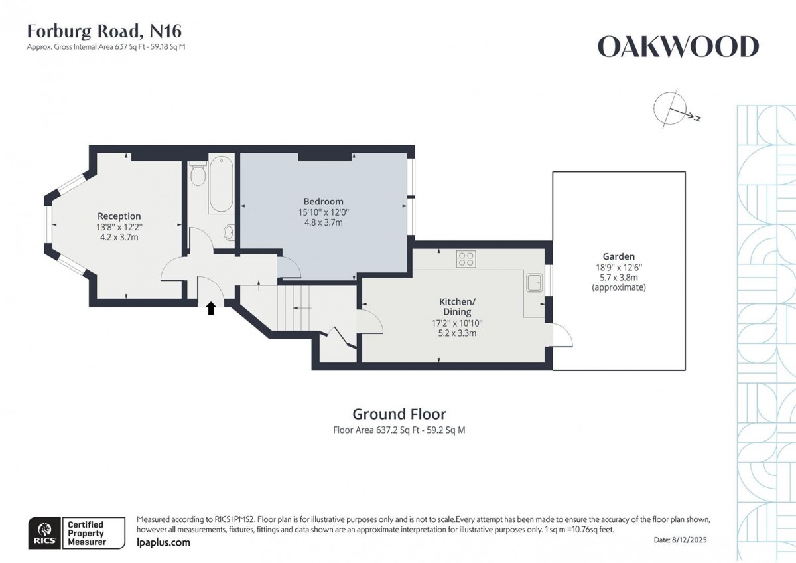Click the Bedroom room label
click(323, 201)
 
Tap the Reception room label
click(119, 216)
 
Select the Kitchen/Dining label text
click(457, 306)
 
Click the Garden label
click(618, 256)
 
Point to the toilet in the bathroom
click(197, 176)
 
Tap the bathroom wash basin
click(229, 232)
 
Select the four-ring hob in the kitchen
click(466, 258)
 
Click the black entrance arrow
click(211, 308)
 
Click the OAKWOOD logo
click(678, 47)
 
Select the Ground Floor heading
click(399, 414)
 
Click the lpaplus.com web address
click(163, 542)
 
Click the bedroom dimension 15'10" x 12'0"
click(323, 212)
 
